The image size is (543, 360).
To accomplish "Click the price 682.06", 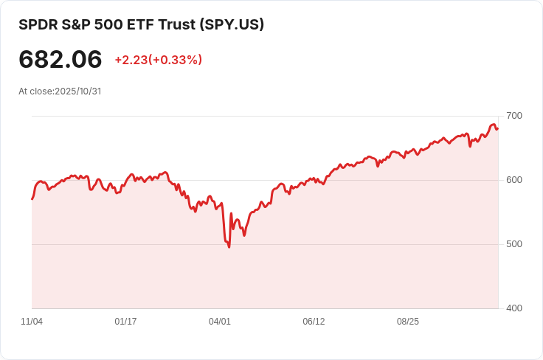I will [60, 60].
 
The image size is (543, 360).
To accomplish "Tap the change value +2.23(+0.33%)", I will [158, 60].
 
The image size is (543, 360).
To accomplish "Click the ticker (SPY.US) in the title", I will [232, 24].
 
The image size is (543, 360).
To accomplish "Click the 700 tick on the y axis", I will [514, 116].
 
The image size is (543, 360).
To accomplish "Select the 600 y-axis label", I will [514, 180].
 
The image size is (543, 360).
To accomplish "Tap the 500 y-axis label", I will [514, 244].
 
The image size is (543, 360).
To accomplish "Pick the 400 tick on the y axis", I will [514, 308].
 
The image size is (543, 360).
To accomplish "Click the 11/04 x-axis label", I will [32, 322].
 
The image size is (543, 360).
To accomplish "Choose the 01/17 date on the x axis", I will [126, 322].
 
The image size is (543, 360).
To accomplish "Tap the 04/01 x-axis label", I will [220, 322].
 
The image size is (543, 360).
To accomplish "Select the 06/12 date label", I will [314, 322].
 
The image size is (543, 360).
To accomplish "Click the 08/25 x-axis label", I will [408, 322].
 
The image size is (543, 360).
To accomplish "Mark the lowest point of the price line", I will [229, 246].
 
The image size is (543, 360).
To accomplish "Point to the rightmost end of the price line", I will [498, 128].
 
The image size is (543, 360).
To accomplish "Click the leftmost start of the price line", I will [32, 199].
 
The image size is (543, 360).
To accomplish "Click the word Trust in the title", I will [177, 24].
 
